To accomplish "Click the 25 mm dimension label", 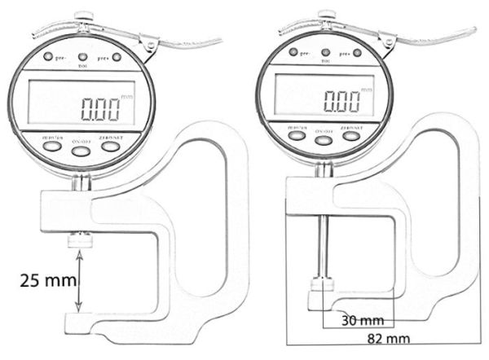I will point(46,281).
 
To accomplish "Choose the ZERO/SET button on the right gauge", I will point(351,135).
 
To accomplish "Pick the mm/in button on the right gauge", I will point(297,134).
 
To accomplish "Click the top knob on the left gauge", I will point(82,15).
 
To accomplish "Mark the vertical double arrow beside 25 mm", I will point(79,282).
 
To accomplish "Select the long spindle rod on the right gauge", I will point(324,244).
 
